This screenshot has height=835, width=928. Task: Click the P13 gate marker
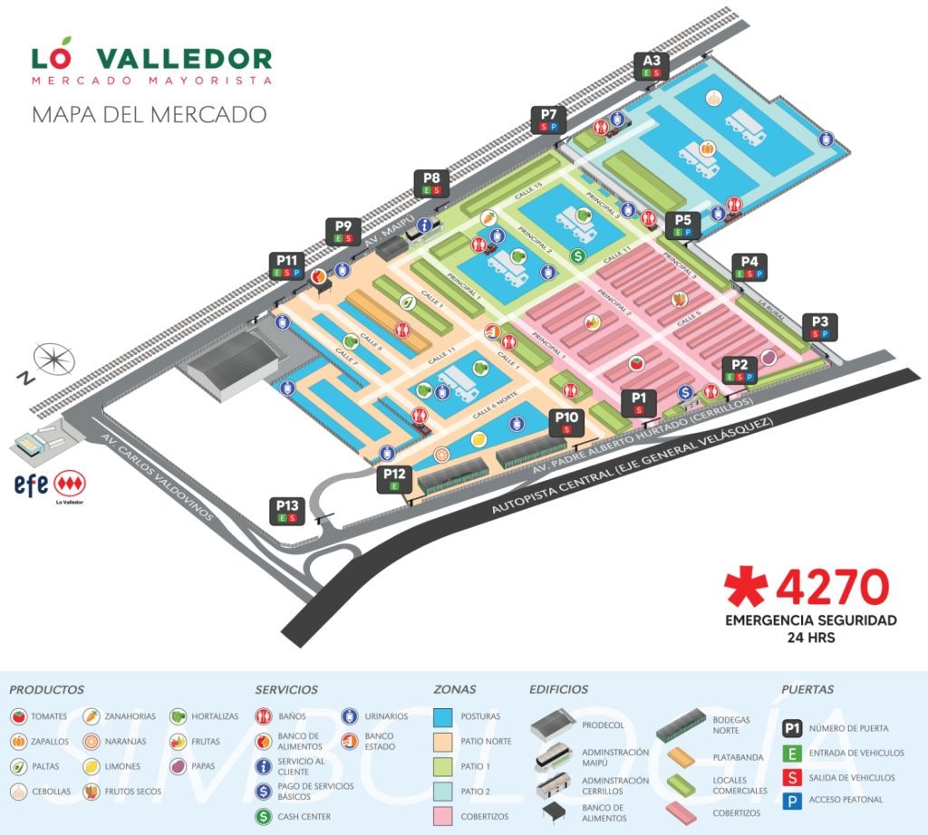[x=287, y=511]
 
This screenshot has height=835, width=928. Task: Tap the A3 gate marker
[x=652, y=66]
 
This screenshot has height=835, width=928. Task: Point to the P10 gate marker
[x=566, y=422]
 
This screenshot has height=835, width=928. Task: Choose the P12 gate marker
[x=394, y=478]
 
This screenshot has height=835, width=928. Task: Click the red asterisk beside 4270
[x=747, y=589]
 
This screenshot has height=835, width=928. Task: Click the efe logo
[x=31, y=483]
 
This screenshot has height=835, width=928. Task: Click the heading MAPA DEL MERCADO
[x=149, y=115]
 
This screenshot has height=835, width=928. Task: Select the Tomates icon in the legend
[x=17, y=716]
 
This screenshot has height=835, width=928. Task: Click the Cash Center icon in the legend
[x=263, y=817]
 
